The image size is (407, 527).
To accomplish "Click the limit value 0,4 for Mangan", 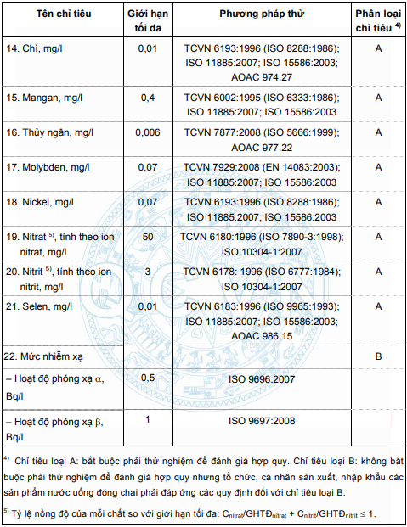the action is tap(147, 98).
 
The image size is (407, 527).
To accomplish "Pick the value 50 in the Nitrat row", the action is tap(147, 237).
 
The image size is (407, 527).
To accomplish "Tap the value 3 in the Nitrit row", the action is tap(147, 272).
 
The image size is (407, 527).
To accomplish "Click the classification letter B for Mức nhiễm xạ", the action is tap(378, 356).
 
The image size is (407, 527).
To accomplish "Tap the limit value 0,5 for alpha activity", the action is tap(147, 377).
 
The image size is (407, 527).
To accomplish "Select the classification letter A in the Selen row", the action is tap(378, 306).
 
